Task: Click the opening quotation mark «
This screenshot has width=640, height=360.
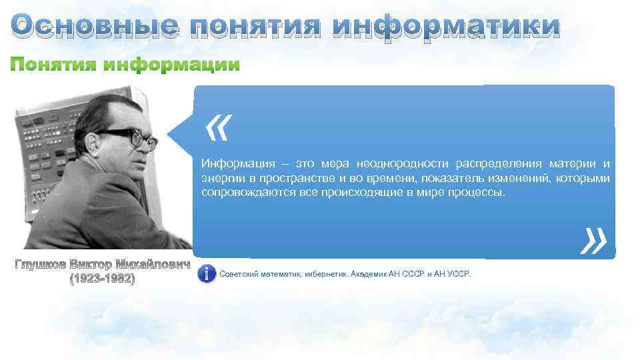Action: [x=218, y=128]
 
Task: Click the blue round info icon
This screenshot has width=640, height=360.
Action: [x=207, y=273]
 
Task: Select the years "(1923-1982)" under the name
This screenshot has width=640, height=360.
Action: [x=102, y=279]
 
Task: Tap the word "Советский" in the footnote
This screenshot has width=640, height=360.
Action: [x=239, y=274]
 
